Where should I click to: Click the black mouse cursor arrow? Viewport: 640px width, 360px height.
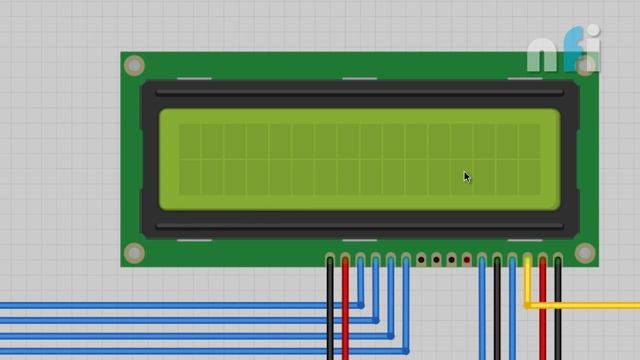coord(467,177)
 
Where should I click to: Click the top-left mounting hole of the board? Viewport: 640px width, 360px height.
coord(134,66)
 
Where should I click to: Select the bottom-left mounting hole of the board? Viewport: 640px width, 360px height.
coord(134,252)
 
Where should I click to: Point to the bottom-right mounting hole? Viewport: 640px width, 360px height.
coord(585,252)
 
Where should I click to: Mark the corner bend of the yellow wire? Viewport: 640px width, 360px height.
coord(528,304)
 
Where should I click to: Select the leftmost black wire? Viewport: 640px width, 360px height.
coord(330,310)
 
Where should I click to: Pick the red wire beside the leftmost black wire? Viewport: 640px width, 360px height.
coord(345,310)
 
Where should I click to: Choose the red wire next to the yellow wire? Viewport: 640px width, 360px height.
coord(543,320)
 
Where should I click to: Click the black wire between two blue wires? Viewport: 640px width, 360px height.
coord(497,310)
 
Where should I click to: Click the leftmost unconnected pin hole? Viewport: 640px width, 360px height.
coord(421,260)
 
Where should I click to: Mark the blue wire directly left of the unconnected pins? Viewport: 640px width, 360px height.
coord(406,290)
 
